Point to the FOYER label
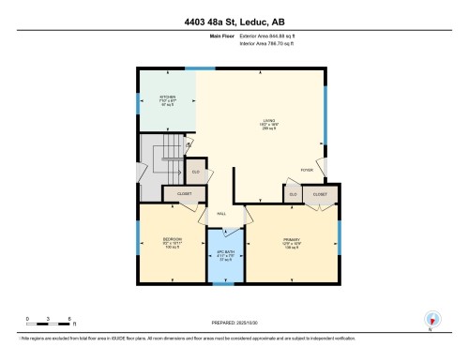click(x=306, y=170)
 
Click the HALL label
click(x=222, y=214)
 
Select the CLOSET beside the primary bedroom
click(x=320, y=193)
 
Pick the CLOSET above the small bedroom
click(x=185, y=193)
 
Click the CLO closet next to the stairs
click(x=196, y=172)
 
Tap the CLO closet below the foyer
click(x=293, y=193)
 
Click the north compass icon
click(x=431, y=320)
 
